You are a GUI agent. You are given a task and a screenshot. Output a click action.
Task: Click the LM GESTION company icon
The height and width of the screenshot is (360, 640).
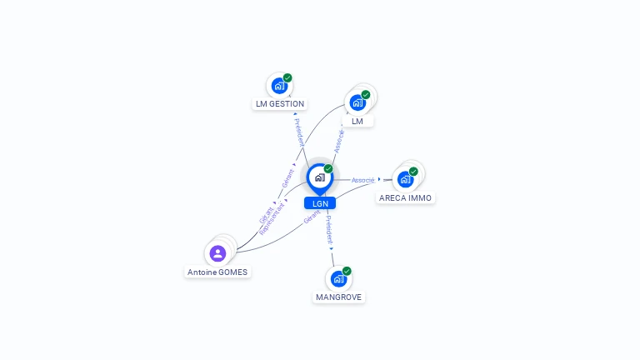279,86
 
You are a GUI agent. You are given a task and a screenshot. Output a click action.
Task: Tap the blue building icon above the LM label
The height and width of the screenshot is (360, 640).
357,102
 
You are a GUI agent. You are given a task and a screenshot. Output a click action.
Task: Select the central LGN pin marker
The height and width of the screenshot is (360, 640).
320,177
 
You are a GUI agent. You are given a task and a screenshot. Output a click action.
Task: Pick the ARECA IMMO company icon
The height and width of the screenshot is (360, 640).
405,179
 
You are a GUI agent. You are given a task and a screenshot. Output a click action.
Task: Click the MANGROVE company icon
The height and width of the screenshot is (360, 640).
338,278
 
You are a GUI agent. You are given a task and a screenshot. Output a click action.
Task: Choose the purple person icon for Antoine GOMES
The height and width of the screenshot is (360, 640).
217,253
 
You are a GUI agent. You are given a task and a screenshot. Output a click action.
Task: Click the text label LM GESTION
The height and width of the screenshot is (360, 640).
280,104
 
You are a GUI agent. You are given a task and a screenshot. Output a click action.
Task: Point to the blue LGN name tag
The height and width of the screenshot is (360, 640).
320,203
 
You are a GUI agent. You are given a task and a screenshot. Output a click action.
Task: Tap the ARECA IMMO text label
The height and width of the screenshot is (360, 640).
406,198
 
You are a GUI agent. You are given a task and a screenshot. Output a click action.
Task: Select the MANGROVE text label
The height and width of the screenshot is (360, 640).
339,297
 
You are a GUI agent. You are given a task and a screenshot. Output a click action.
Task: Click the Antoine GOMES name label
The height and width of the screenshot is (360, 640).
217,272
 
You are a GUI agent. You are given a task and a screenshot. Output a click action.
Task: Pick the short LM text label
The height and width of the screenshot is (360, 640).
357,122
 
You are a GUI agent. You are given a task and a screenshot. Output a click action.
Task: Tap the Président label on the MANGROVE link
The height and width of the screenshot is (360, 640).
328,229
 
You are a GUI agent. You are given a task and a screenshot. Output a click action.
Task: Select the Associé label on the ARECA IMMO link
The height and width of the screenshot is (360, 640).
362,180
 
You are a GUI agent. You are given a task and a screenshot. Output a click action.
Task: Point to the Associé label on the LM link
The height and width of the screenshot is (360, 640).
339,140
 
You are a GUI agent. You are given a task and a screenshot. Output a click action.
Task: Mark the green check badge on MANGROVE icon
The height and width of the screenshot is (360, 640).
347,271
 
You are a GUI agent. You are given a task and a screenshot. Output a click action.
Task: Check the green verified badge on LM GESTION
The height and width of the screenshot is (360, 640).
287,77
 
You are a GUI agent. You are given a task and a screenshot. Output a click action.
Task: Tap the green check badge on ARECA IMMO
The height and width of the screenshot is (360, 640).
413,172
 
